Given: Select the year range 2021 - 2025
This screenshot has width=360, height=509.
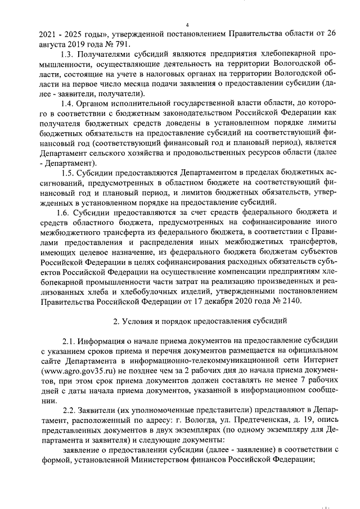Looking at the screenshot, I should point(62,34).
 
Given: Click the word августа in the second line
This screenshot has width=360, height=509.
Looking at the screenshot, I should point(54,44).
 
